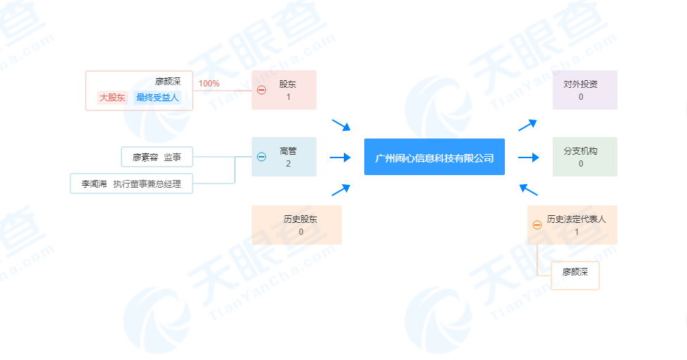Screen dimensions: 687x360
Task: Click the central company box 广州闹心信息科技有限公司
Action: [434, 157]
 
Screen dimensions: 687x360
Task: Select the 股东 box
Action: [284, 90]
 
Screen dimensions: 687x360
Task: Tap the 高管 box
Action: [284, 157]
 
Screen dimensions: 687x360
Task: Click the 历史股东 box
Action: [297, 225]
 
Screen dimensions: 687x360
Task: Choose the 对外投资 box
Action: [585, 90]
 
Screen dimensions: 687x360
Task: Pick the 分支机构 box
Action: [585, 157]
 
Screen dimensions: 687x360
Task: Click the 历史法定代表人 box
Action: [572, 225]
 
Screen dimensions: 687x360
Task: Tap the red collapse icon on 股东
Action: [262, 90]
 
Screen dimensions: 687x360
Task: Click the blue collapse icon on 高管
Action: [262, 157]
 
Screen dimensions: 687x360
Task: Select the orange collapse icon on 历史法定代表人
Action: [537, 225]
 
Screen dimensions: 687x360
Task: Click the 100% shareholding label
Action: [209, 84]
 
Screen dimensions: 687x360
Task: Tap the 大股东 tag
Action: [113, 97]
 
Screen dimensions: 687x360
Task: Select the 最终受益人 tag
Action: [158, 97]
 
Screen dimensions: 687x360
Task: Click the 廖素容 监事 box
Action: [157, 157]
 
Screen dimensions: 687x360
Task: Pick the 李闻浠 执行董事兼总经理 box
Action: [131, 184]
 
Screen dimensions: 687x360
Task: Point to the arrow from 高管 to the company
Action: [340, 157]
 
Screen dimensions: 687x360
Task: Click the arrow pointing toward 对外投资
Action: [527, 125]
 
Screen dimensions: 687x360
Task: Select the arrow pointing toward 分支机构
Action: [528, 157]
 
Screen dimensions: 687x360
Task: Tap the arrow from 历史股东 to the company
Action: [341, 190]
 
